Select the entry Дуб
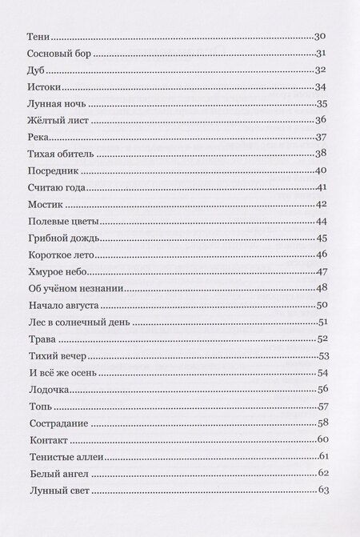[x=37, y=70]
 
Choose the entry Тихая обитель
[x=60, y=154]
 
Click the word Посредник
[x=54, y=170]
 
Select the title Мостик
[x=45, y=204]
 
